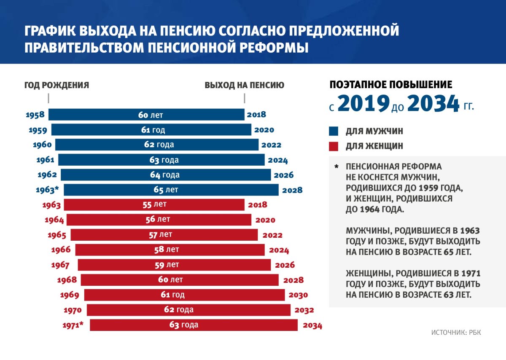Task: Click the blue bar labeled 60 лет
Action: click(146, 115)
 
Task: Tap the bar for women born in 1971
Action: click(194, 325)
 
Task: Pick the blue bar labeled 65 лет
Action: click(171, 190)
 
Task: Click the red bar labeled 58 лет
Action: click(170, 250)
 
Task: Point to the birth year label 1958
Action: click(35, 115)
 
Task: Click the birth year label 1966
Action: click(61, 250)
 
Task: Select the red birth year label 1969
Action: click(70, 295)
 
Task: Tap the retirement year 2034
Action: click(312, 325)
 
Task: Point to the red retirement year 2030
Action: click(298, 295)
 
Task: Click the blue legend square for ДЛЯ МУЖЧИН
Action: click(334, 132)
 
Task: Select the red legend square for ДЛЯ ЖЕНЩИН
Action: click(334, 146)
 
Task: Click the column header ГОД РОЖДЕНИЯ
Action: click(57, 85)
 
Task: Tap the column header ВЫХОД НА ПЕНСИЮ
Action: click(245, 85)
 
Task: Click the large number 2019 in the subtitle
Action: click(363, 104)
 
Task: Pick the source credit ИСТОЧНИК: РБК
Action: click(456, 333)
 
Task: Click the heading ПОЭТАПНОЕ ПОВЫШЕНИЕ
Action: click(391, 85)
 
